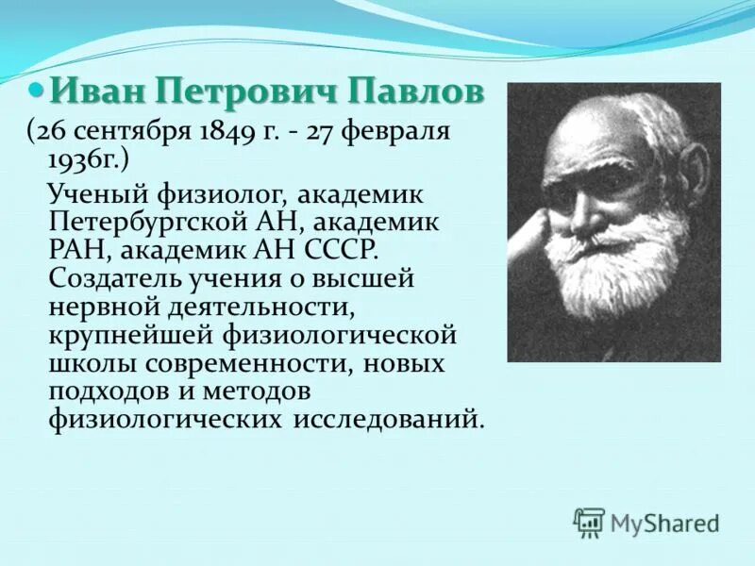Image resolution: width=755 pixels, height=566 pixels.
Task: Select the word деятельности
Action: click(244, 308)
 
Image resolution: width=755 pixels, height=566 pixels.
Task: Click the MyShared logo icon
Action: click(589, 522)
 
